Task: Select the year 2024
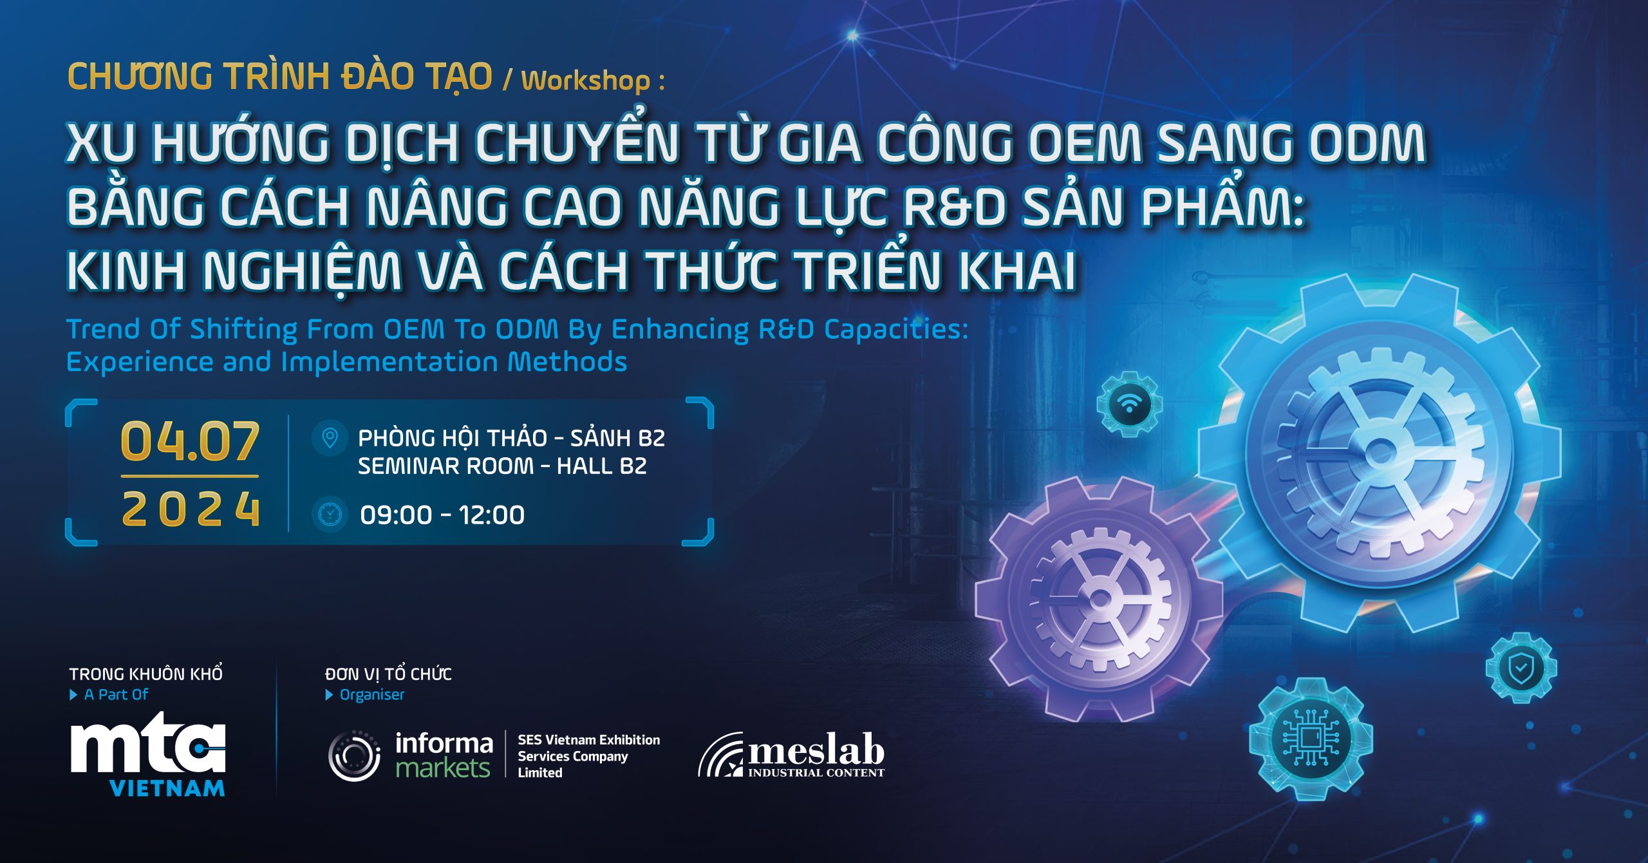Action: (191, 509)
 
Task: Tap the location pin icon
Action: (330, 438)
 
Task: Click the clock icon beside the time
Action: (330, 514)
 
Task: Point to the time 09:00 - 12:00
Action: (442, 515)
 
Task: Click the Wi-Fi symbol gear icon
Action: (1129, 404)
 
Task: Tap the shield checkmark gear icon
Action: (1521, 669)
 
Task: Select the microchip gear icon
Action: (1311, 739)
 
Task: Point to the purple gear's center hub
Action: (1100, 598)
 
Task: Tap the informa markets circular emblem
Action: (353, 755)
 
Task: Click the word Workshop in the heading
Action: (585, 81)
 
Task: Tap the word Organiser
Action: (371, 694)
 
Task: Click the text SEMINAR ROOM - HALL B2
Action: (502, 466)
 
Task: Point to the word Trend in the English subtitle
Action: (104, 328)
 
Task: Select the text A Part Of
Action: (116, 694)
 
